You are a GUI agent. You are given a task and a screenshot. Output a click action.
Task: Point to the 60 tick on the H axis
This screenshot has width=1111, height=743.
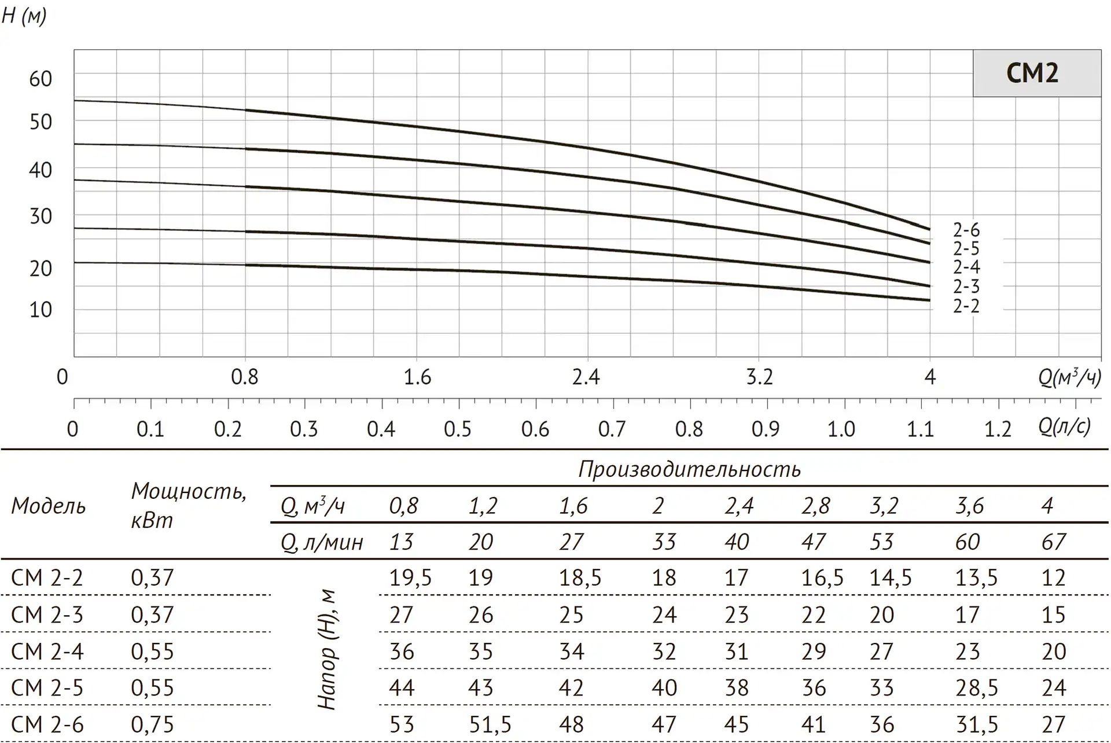click(x=41, y=79)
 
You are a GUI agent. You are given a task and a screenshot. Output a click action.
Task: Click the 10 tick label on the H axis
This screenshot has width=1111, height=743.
click(x=41, y=310)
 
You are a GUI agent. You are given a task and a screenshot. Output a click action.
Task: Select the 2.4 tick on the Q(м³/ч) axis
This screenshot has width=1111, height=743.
click(x=586, y=377)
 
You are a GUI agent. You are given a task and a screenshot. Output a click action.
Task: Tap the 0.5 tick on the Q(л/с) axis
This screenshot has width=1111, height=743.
click(x=458, y=429)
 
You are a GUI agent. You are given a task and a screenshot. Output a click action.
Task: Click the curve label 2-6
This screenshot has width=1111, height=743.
click(x=966, y=230)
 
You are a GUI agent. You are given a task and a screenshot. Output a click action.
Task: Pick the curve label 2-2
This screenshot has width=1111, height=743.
click(x=966, y=306)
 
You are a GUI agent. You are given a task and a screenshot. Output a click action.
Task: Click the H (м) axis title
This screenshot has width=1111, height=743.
click(x=24, y=16)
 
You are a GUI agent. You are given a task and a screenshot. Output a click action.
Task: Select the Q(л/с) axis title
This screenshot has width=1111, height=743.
click(x=1064, y=426)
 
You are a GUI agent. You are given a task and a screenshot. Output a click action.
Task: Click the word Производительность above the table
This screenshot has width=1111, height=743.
click(x=689, y=469)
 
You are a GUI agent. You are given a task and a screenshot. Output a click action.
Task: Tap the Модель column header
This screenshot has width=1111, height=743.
click(x=49, y=506)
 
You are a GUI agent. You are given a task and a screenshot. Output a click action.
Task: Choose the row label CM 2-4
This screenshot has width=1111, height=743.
click(x=47, y=652)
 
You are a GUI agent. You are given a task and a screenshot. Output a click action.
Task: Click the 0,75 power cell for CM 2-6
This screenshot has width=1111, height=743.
click(x=152, y=724)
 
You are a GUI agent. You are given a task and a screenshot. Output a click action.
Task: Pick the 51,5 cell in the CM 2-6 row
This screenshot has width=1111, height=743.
click(x=490, y=724)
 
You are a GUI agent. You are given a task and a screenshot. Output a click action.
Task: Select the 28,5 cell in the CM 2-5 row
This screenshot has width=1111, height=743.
click(x=976, y=688)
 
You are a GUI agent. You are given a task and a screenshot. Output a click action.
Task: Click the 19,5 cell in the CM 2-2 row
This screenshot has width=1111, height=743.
click(x=410, y=578)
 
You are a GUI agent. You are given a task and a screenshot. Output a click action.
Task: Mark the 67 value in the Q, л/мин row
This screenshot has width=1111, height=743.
click(x=1053, y=542)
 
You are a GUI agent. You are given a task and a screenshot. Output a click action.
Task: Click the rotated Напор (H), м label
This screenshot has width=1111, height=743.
click(x=327, y=649)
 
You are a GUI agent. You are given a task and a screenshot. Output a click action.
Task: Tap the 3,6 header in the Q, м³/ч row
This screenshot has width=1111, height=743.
click(x=969, y=506)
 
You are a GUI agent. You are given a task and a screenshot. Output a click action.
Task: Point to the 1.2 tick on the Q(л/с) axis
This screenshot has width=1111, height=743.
click(x=998, y=429)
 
